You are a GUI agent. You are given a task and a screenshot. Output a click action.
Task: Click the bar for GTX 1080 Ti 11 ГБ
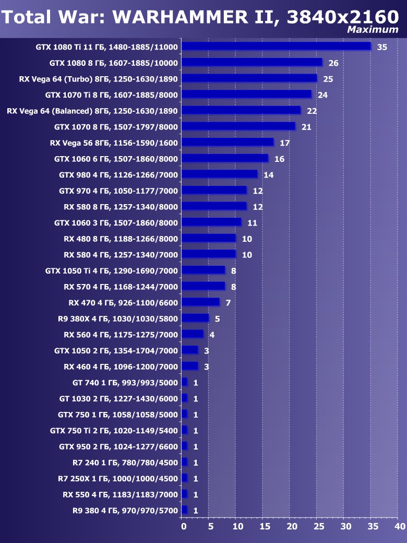click(x=276, y=46)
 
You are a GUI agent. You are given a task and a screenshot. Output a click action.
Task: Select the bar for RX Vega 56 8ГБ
click(x=228, y=142)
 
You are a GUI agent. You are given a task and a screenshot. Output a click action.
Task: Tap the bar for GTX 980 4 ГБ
click(x=220, y=174)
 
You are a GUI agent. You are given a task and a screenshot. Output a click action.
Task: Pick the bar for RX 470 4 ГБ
click(x=200, y=302)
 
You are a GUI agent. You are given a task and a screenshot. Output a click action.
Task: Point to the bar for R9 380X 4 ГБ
click(x=195, y=318)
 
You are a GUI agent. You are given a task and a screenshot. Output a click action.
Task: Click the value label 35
click(x=382, y=48)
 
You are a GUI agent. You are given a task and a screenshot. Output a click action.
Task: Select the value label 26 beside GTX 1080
click(x=333, y=63)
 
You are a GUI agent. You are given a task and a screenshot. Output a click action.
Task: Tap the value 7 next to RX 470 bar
click(x=228, y=303)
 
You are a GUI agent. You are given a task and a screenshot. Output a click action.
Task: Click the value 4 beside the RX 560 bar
click(x=212, y=335)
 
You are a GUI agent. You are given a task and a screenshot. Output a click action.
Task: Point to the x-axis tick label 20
click(x=292, y=527)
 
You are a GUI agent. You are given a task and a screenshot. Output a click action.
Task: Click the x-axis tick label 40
click(x=400, y=527)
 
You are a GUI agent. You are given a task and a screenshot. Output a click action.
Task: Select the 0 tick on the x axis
click(x=184, y=527)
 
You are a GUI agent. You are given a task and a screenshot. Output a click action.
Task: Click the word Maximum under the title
click(x=373, y=30)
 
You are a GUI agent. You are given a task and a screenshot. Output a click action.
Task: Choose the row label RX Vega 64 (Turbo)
click(x=98, y=79)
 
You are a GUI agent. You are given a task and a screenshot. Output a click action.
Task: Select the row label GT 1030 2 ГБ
click(x=118, y=398)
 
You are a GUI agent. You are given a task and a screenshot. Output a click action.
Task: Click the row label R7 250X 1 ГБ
click(x=117, y=478)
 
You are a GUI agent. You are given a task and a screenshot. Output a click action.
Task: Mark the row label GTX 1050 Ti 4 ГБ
click(x=112, y=270)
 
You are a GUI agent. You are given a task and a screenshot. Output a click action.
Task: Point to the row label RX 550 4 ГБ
click(x=120, y=494)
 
